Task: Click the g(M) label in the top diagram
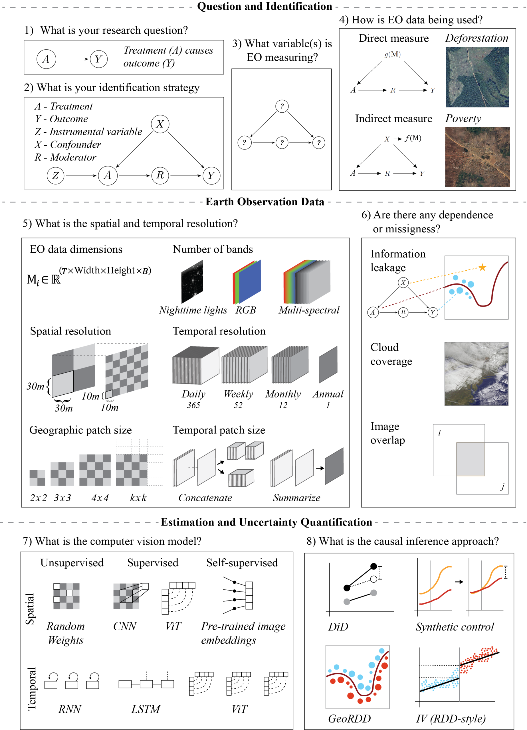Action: click(x=392, y=54)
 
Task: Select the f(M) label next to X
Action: click(x=413, y=138)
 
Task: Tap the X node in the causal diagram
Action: click(x=387, y=139)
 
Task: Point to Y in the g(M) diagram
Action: click(x=432, y=90)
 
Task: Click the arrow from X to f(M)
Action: click(x=397, y=139)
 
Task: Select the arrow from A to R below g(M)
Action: click(x=372, y=90)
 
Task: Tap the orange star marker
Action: click(x=482, y=267)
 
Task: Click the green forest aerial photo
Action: click(x=477, y=77)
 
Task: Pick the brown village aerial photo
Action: click(x=477, y=157)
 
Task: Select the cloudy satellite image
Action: click(x=476, y=374)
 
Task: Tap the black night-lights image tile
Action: click(x=192, y=282)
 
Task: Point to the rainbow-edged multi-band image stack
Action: click(x=307, y=282)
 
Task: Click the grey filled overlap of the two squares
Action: click(x=470, y=459)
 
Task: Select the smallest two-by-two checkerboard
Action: click(x=37, y=478)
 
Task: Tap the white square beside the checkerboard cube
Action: click(x=145, y=587)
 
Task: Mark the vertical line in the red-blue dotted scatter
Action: click(x=459, y=674)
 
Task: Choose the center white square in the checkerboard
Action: click(x=70, y=593)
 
